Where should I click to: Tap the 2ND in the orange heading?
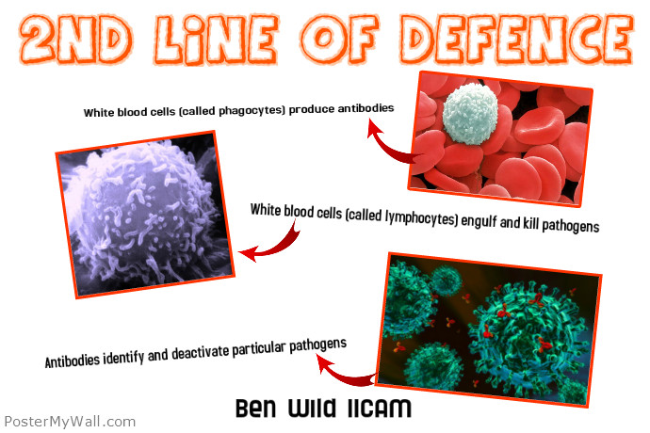[x=76, y=40]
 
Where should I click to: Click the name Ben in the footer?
[x=256, y=410]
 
